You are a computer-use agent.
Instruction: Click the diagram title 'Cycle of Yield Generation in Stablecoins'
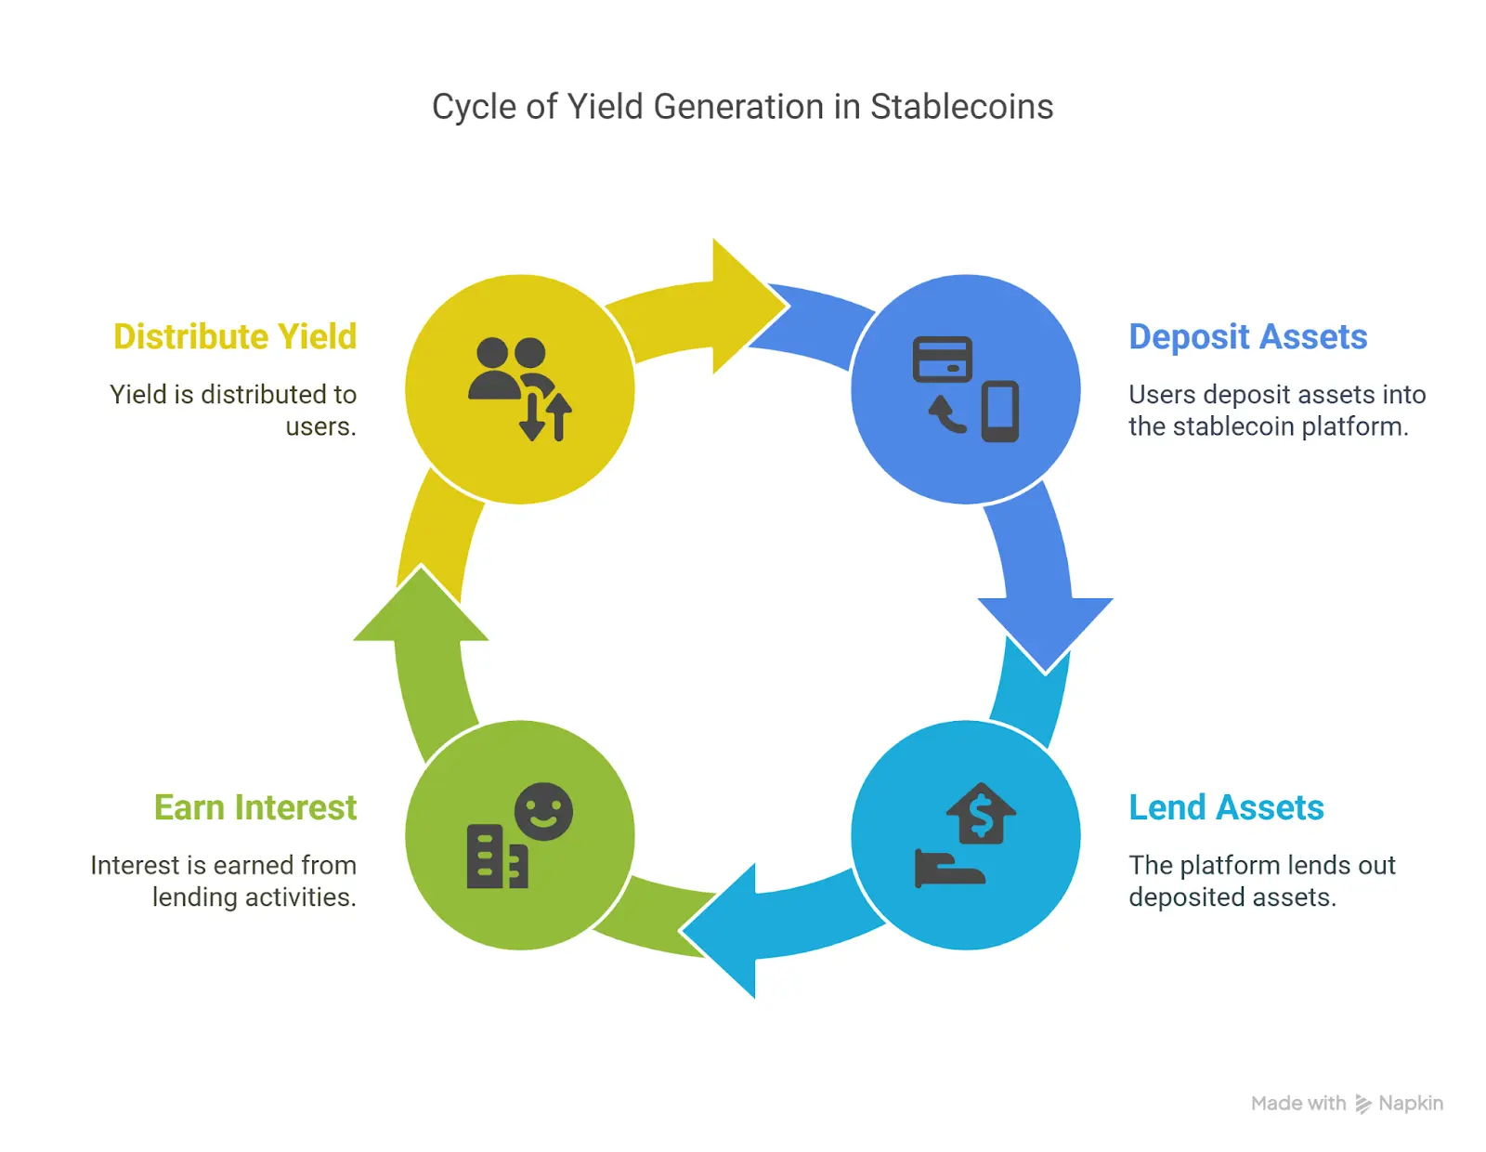(742, 107)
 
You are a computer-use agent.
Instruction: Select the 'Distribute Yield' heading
(235, 336)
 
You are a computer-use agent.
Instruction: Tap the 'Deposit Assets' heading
(1247, 336)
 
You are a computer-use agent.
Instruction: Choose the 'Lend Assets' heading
(1226, 807)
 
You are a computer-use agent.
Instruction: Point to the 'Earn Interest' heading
(255, 807)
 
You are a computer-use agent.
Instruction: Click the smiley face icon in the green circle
(543, 811)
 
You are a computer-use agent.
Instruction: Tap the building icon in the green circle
(496, 857)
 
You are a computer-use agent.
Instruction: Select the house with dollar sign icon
(981, 814)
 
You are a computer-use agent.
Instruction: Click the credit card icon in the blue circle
(942, 360)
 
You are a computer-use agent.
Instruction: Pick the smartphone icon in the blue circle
(1000, 411)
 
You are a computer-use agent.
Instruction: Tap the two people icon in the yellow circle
(509, 368)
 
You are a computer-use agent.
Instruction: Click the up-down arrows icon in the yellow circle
(546, 416)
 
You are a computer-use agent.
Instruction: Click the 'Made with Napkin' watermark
(1347, 1103)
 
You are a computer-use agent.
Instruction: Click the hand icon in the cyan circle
(947, 870)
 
